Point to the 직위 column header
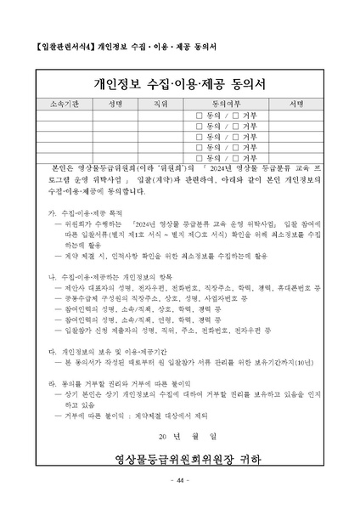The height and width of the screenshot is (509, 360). tap(159, 102)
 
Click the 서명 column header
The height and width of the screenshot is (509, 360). tap(296, 102)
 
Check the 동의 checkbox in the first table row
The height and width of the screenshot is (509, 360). tap(199, 114)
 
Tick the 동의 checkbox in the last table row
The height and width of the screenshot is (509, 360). tap(199, 158)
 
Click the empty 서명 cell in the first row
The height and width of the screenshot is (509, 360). tap(296, 114)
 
